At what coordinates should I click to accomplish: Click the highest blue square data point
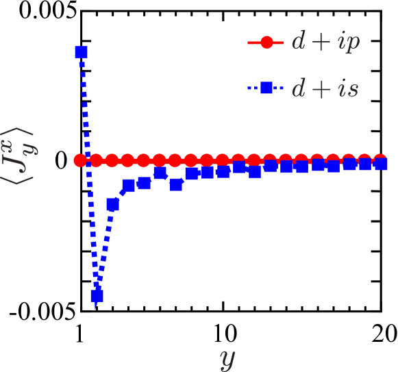[81, 52]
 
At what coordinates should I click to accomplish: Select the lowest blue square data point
[97, 296]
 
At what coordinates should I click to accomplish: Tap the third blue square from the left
[113, 204]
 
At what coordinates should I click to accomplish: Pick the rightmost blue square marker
[381, 164]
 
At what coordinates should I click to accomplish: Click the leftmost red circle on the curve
[80, 160]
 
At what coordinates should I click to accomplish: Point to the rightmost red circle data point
[380, 160]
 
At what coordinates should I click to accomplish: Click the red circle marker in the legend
[266, 42]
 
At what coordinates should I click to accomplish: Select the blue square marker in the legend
[266, 88]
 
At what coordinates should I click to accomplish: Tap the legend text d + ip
[325, 42]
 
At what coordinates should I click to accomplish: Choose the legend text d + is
[324, 89]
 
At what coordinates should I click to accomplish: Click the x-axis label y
[227, 357]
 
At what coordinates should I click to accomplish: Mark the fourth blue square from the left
[129, 185]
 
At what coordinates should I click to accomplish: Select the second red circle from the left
[96, 160]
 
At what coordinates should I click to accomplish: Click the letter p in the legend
[351, 44]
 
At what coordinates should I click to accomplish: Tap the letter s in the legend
[351, 89]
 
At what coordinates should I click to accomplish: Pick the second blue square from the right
[365, 164]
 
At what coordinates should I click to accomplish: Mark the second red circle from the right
[364, 160]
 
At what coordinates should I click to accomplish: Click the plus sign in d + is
[320, 89]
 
